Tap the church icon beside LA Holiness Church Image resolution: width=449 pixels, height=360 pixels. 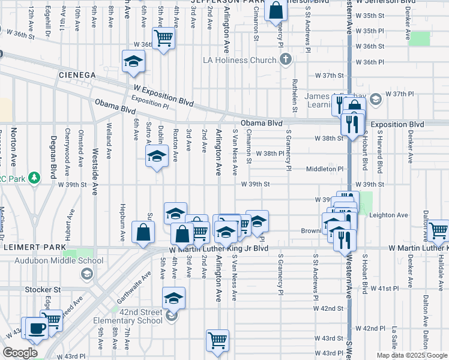[x=285, y=59]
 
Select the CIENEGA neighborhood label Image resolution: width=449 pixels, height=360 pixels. [x=77, y=74]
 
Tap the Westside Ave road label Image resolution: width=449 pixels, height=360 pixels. [x=94, y=171]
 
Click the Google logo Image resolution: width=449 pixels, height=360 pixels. [x=20, y=353]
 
